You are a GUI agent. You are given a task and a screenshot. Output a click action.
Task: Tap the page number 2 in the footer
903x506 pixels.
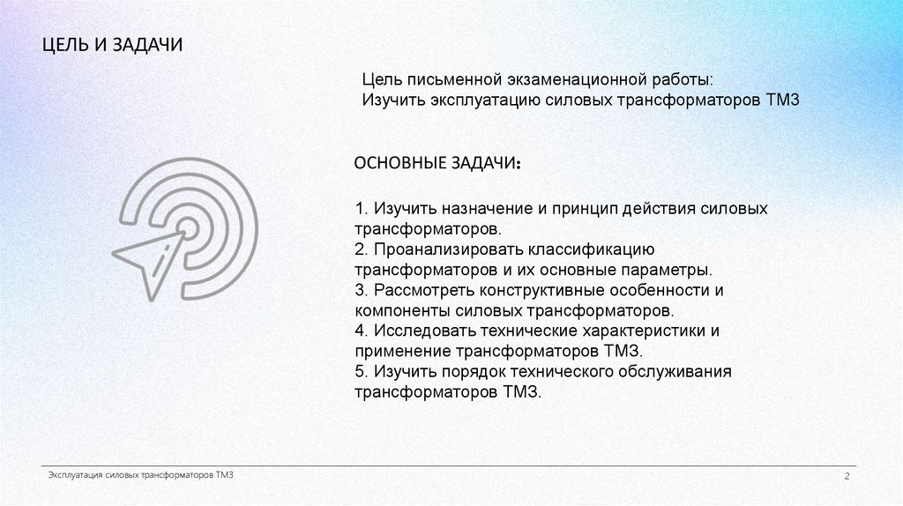[x=846, y=477]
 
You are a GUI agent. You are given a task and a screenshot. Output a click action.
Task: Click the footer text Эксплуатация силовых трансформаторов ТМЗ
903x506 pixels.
[x=140, y=475]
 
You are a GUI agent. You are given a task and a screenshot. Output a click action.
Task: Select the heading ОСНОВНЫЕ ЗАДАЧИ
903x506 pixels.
[x=437, y=165]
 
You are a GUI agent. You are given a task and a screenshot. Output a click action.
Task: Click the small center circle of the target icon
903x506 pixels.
[x=187, y=227]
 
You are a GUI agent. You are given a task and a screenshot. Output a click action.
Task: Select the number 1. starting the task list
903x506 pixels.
[x=362, y=209]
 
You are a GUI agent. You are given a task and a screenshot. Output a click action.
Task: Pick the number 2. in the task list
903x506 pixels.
[x=362, y=249]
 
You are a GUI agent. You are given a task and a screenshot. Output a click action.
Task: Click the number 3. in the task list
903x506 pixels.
[x=362, y=290]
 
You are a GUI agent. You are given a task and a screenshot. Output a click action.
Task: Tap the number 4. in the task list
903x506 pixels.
[x=362, y=331]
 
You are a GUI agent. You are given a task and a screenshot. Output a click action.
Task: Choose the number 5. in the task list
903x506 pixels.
[x=362, y=372]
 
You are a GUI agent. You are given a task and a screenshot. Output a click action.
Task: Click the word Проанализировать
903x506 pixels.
[x=446, y=249]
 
